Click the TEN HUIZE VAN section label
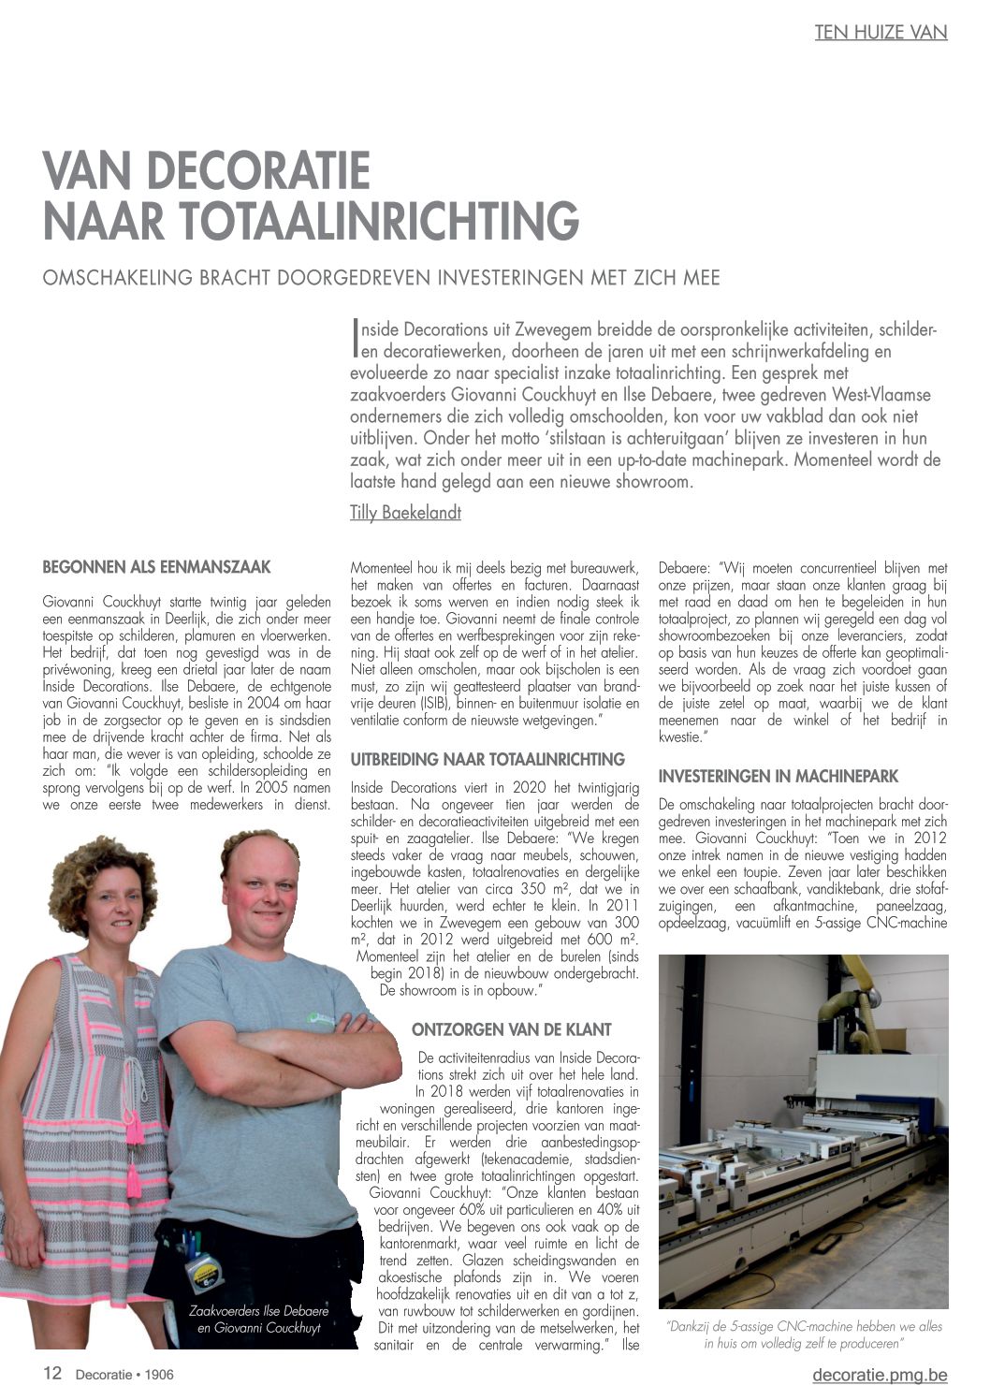tap(881, 32)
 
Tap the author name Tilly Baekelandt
tap(405, 512)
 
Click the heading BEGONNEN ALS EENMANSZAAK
tap(157, 567)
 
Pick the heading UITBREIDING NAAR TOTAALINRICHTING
tap(488, 759)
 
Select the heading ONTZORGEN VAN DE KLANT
tap(512, 1029)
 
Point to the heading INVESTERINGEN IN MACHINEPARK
tap(779, 776)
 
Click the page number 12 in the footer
tap(52, 1373)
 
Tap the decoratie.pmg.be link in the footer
tap(880, 1374)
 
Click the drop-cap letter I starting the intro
tap(355, 339)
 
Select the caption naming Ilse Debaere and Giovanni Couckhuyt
tap(258, 1319)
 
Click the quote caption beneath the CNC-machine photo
tap(804, 1334)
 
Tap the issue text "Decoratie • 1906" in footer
tap(124, 1374)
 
